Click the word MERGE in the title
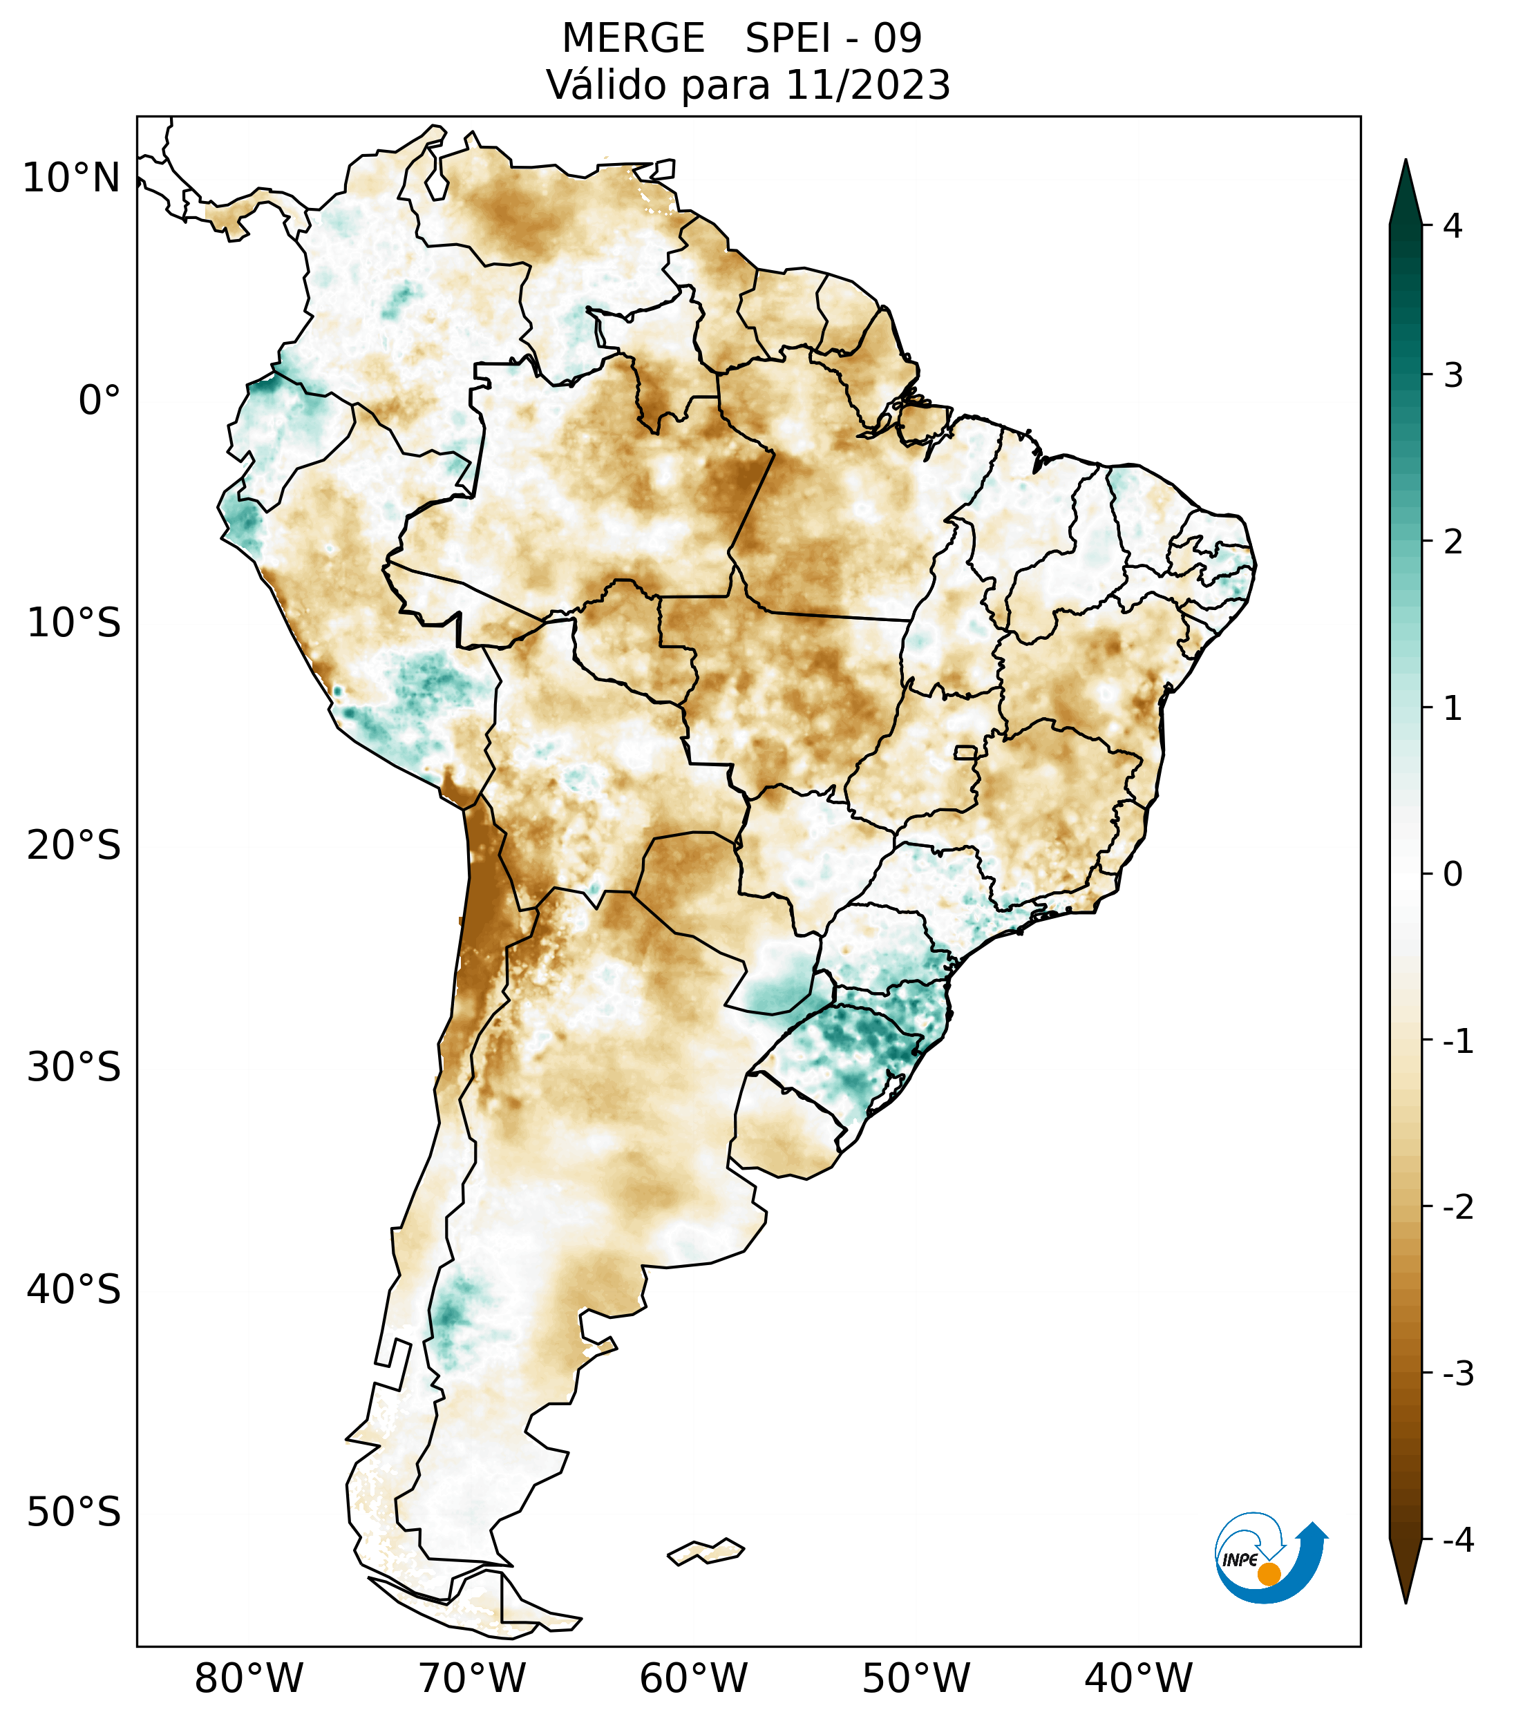point(633,39)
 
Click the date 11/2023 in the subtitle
point(868,85)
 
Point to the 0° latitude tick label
point(100,401)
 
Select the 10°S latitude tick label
point(74,623)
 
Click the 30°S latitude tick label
point(74,1067)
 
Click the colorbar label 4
point(1453,226)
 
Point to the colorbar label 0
point(1453,875)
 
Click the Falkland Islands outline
point(706,1551)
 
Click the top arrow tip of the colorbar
point(1405,162)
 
